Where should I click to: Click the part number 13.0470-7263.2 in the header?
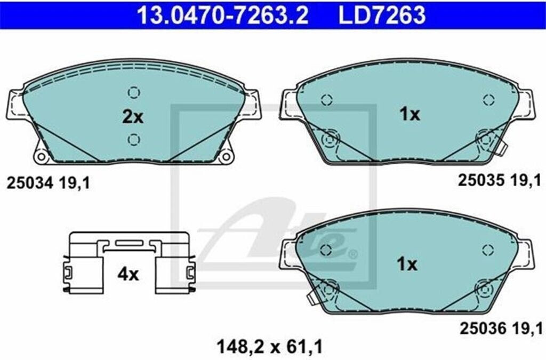(223, 15)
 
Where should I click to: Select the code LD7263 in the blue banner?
(382, 15)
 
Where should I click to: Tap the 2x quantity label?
(133, 117)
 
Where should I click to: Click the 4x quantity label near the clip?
(128, 274)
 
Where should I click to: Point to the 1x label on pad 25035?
(409, 114)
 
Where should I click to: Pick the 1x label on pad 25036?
(407, 264)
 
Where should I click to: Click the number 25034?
(30, 183)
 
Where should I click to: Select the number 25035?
(481, 180)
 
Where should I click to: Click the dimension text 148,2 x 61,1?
(270, 347)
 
